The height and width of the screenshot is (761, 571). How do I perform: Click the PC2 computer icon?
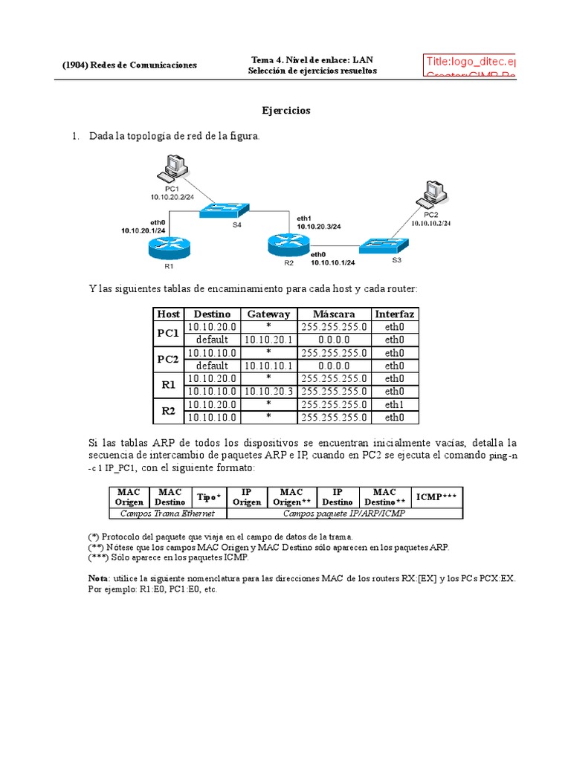pyautogui.click(x=433, y=195)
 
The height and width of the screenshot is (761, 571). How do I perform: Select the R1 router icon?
pyautogui.click(x=168, y=246)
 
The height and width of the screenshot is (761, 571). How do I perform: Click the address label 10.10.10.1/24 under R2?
pyautogui.click(x=332, y=262)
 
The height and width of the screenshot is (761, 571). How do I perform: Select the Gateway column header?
pyautogui.click(x=268, y=314)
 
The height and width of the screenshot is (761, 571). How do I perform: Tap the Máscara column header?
pyautogui.click(x=334, y=314)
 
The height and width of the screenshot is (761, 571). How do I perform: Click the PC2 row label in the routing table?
pyautogui.click(x=168, y=359)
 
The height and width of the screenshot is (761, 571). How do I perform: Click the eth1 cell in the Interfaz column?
pyautogui.click(x=395, y=404)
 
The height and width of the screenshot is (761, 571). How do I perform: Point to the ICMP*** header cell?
pyautogui.click(x=436, y=496)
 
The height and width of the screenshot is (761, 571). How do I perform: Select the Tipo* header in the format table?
pyautogui.click(x=208, y=496)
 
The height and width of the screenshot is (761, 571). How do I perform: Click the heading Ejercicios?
pyautogui.click(x=285, y=111)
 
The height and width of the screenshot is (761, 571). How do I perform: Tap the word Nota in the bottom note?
pyautogui.click(x=98, y=577)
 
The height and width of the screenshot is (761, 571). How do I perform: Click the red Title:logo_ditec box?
pyautogui.click(x=469, y=64)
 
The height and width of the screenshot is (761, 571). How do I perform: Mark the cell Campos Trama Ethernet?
pyautogui.click(x=167, y=513)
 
